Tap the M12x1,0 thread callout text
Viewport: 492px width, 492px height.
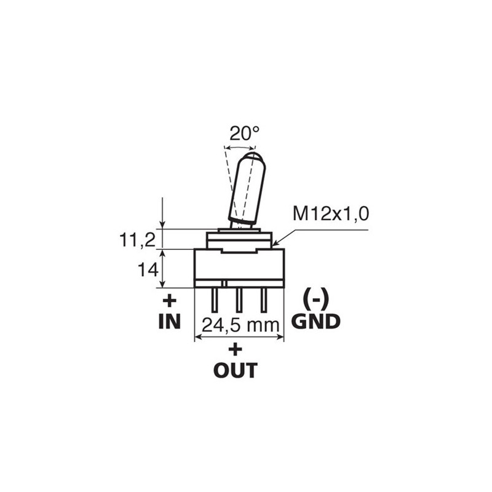coord(331,214)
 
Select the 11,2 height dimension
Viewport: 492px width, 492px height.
coord(137,240)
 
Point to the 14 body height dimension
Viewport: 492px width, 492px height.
coord(148,269)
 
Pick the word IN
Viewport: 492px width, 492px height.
coord(170,321)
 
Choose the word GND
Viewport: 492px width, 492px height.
coord(316,321)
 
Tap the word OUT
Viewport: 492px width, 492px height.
coord(236,370)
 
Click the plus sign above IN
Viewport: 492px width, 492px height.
coord(170,301)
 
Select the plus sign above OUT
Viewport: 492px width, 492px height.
coord(236,349)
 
